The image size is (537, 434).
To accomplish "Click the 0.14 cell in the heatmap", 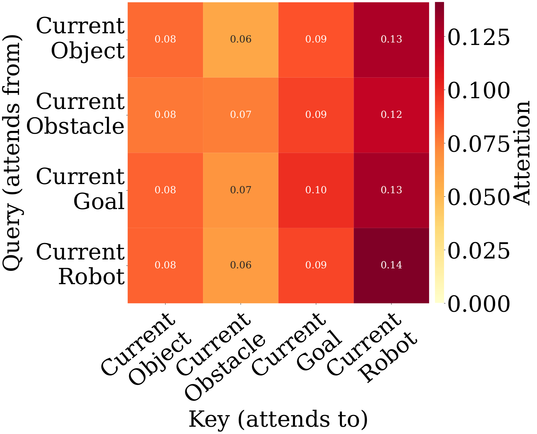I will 391,265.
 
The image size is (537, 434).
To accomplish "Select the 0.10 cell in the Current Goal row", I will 316,190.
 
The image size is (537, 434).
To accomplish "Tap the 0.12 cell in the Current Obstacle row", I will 391,115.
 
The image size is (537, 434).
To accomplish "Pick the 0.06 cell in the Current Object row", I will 241,40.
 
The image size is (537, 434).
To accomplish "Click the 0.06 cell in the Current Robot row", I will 241,265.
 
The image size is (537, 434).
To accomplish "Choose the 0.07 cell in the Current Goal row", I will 241,190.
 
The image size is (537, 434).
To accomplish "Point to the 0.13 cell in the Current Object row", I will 391,40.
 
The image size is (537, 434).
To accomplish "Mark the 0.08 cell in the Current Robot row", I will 165,265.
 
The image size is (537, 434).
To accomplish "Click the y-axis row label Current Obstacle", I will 75,114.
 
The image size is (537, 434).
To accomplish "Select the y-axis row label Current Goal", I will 81,189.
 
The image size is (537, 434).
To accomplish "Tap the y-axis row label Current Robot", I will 81,265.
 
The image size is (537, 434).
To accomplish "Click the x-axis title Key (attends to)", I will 278,419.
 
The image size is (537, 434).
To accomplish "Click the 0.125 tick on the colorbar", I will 478,37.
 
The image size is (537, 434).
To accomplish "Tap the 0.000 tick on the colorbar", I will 478,303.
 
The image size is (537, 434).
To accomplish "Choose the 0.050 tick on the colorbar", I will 478,197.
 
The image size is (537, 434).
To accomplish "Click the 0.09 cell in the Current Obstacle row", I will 316,115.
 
